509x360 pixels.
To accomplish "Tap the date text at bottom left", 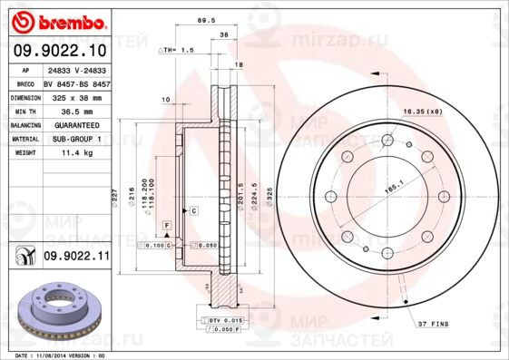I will point(56,355).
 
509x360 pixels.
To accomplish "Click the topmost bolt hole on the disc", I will point(388,140).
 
